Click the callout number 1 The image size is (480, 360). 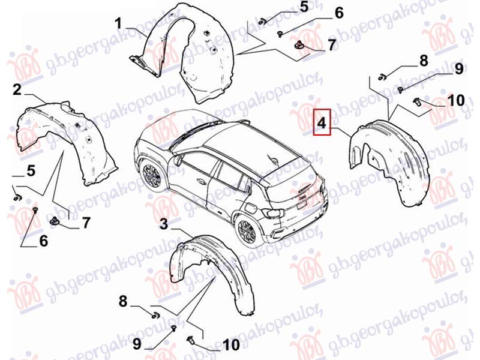coord(118,23)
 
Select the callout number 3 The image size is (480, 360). coord(164,224)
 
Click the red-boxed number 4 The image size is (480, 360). coord(322,123)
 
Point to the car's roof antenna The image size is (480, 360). coord(271,158)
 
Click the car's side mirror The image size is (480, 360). coord(179,159)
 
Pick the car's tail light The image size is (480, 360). coord(274,214)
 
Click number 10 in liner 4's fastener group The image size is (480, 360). coord(456,100)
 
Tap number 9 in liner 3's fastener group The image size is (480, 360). coord(137,344)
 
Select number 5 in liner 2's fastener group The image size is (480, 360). coord(31,170)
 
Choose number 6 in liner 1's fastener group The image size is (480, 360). coord(339,13)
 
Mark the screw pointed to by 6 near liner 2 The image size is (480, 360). coord(35,209)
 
